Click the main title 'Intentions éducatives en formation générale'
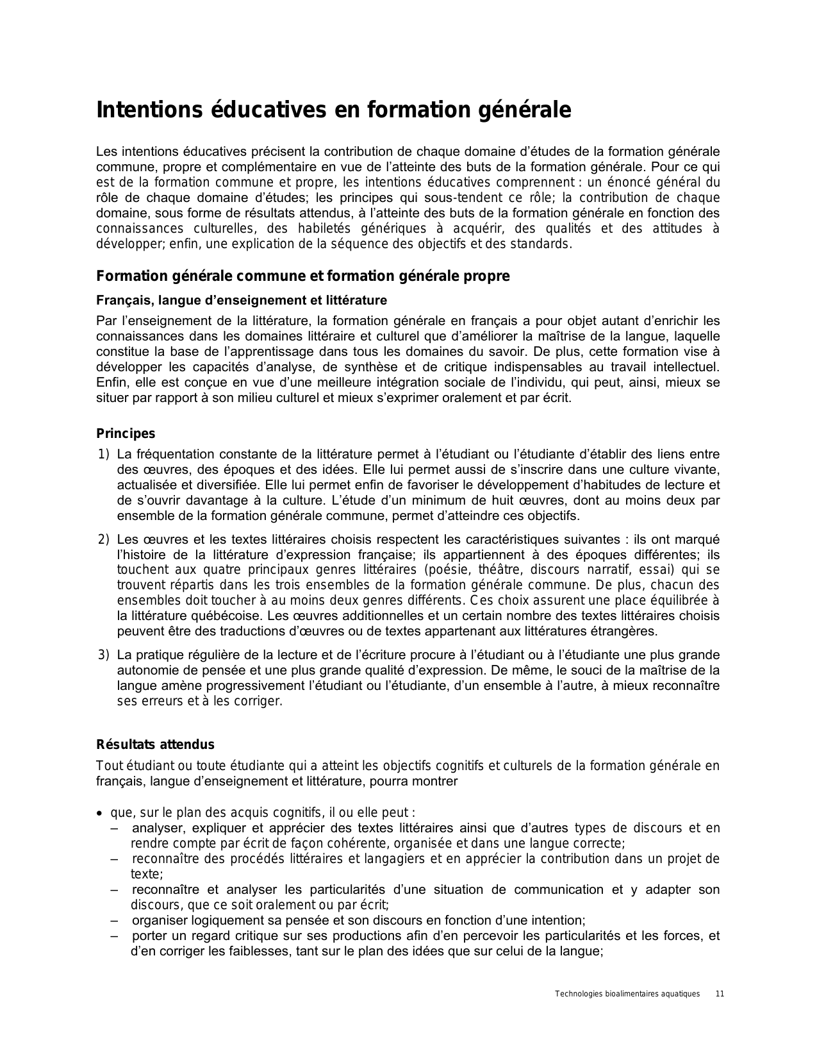click(333, 110)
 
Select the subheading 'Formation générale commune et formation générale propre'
click(302, 276)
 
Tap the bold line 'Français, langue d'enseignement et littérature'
click(241, 300)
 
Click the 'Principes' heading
click(126, 433)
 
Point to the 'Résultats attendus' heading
click(155, 744)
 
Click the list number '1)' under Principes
click(104, 455)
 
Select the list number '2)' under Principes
click(104, 539)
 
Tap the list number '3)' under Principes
click(104, 655)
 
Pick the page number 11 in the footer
click(720, 994)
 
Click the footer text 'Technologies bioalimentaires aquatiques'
click(627, 994)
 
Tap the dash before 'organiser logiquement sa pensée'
click(114, 921)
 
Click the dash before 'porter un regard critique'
click(114, 936)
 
